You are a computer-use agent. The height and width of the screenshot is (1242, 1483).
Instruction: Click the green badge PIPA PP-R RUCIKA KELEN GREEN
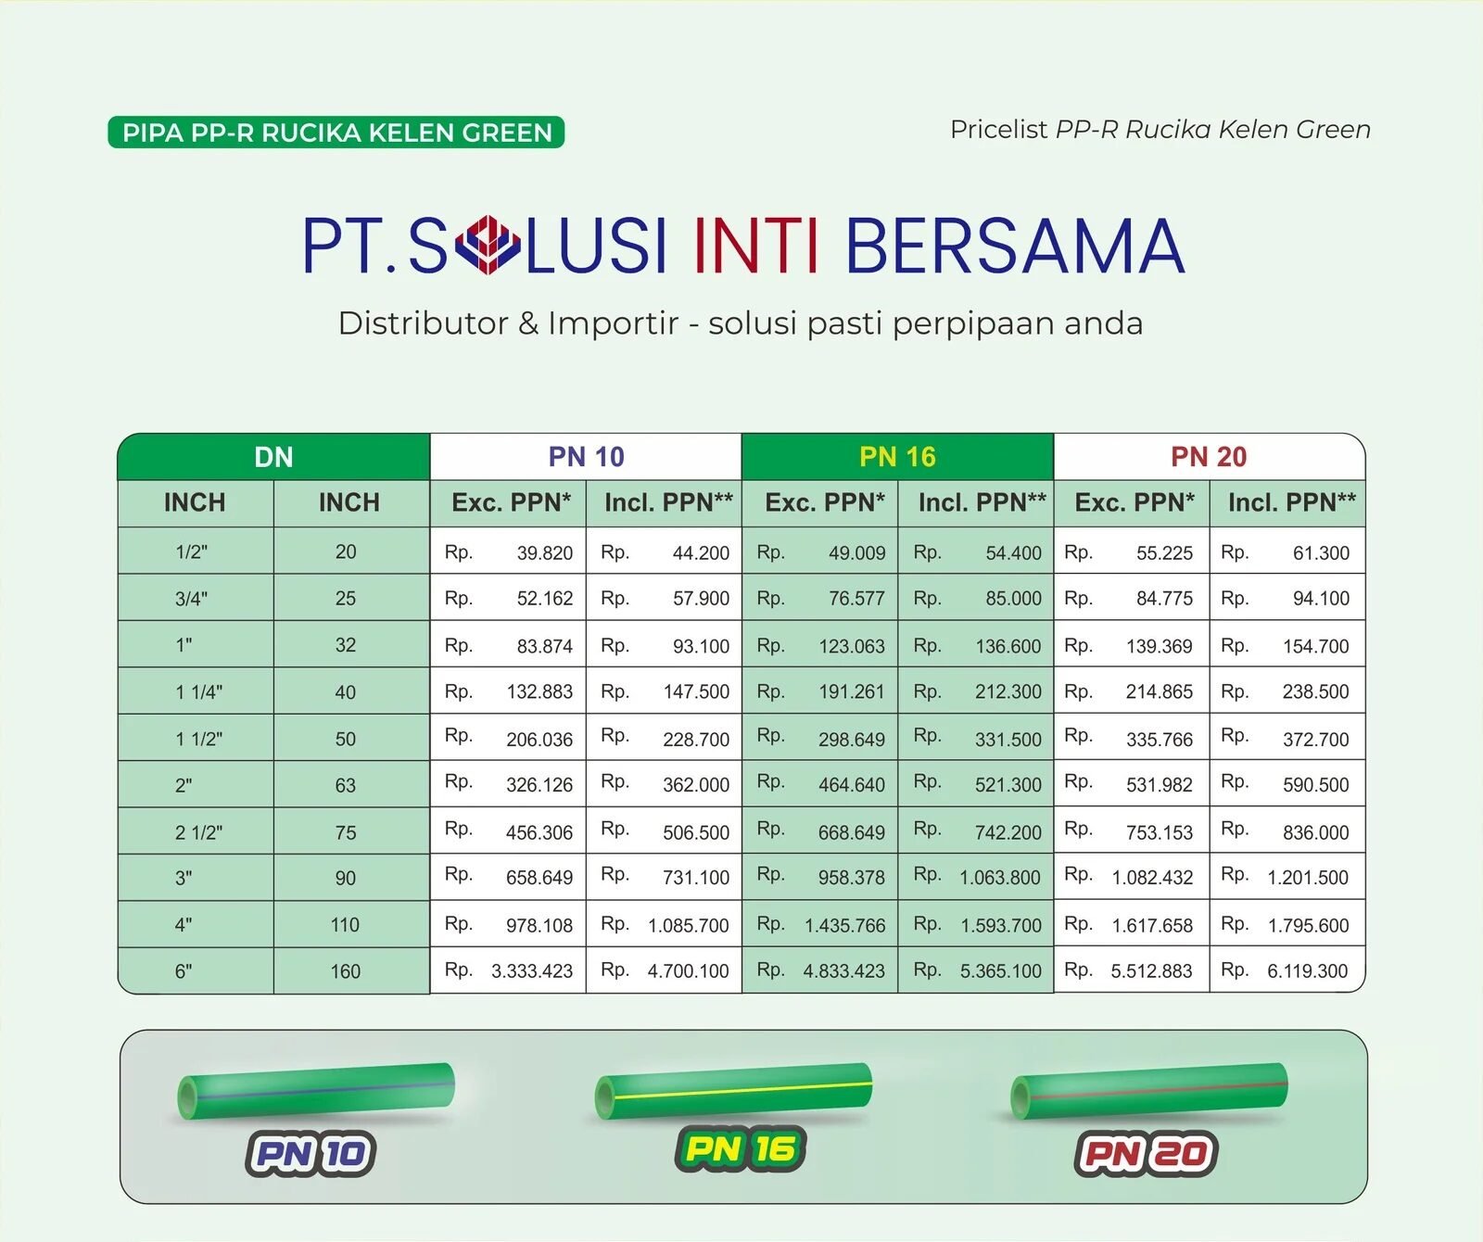(x=336, y=133)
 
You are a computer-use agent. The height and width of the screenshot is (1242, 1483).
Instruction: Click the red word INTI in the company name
(x=756, y=246)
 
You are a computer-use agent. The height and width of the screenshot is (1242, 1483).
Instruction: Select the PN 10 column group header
(x=586, y=457)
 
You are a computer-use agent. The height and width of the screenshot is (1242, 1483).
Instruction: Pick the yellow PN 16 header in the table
(x=897, y=457)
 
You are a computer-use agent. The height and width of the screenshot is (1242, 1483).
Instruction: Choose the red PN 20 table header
(x=1209, y=457)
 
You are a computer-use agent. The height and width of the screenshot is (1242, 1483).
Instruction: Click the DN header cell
(x=273, y=457)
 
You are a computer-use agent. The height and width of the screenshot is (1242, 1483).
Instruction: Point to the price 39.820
(x=545, y=553)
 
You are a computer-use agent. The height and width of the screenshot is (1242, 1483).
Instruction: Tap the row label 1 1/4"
(x=198, y=692)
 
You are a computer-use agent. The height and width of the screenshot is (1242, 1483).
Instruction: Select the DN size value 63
(x=346, y=785)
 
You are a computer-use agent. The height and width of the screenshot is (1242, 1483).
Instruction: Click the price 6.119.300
(x=1308, y=971)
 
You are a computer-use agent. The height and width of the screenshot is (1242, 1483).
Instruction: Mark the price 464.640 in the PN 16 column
(x=852, y=785)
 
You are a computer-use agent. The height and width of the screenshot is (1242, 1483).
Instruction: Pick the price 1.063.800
(x=1000, y=878)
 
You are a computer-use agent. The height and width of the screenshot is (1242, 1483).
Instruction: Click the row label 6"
(x=184, y=971)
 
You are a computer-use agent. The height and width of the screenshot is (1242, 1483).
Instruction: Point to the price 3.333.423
(x=532, y=971)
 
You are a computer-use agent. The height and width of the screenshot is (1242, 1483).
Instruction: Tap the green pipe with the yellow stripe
(x=733, y=1091)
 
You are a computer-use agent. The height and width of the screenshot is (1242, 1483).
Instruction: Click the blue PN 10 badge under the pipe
(x=311, y=1154)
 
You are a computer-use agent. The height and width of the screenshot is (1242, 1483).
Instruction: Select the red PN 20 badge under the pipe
(x=1146, y=1154)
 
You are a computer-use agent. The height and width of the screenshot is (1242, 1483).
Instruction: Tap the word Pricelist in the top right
(x=998, y=130)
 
